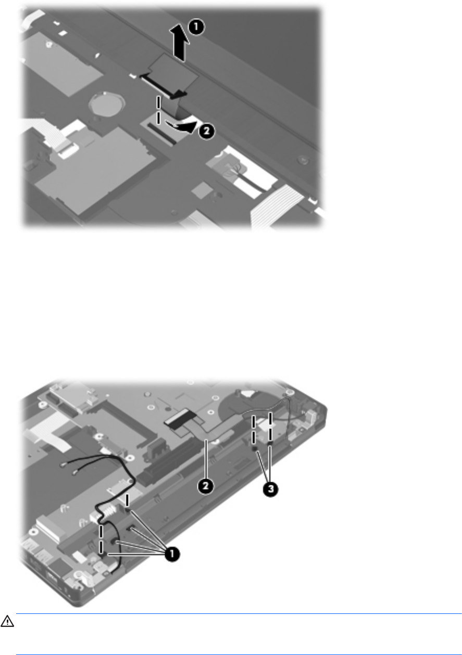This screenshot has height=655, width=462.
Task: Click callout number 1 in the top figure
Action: coord(196,27)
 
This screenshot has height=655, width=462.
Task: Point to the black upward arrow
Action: coord(180,43)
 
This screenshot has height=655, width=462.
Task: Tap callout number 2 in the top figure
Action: coord(206,131)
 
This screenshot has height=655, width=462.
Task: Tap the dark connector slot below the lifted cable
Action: coord(161,134)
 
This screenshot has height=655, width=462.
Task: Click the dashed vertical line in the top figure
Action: coord(158,110)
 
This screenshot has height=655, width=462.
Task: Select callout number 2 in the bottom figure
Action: coord(206,486)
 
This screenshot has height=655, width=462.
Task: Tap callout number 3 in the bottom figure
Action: coord(270,489)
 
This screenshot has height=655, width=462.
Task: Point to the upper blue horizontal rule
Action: coord(239,613)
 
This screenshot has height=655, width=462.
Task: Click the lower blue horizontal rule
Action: coord(239,654)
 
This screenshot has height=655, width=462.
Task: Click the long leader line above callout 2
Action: coord(206,459)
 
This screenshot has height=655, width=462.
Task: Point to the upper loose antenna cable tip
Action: coord(64,464)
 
